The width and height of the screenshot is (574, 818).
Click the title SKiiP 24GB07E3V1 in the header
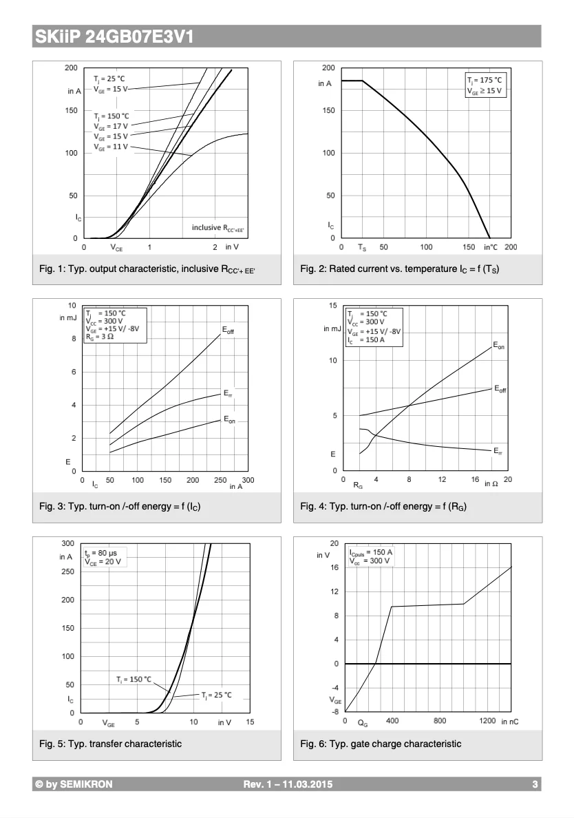[114, 37]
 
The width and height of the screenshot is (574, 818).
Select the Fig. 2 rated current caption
[400, 269]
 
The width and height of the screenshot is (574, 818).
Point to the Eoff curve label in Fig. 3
[228, 331]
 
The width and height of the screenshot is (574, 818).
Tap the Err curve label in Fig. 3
[228, 393]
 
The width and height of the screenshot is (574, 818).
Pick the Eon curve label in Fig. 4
[499, 346]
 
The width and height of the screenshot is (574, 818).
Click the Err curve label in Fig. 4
[498, 451]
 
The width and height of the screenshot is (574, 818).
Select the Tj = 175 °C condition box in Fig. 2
[485, 85]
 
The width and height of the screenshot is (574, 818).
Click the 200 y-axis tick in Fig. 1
[72, 67]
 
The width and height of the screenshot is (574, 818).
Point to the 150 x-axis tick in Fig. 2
[469, 247]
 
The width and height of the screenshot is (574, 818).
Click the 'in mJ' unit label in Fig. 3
[68, 317]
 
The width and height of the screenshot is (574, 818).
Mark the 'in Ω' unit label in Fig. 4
[491, 484]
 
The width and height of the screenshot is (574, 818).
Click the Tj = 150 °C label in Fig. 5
[134, 679]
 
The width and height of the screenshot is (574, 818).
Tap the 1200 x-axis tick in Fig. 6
[487, 721]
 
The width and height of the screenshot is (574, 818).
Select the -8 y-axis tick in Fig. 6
[335, 712]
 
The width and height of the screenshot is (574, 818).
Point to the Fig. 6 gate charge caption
[381, 744]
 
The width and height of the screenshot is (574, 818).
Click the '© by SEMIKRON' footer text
[74, 784]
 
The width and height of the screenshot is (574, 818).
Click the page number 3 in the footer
[535, 784]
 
